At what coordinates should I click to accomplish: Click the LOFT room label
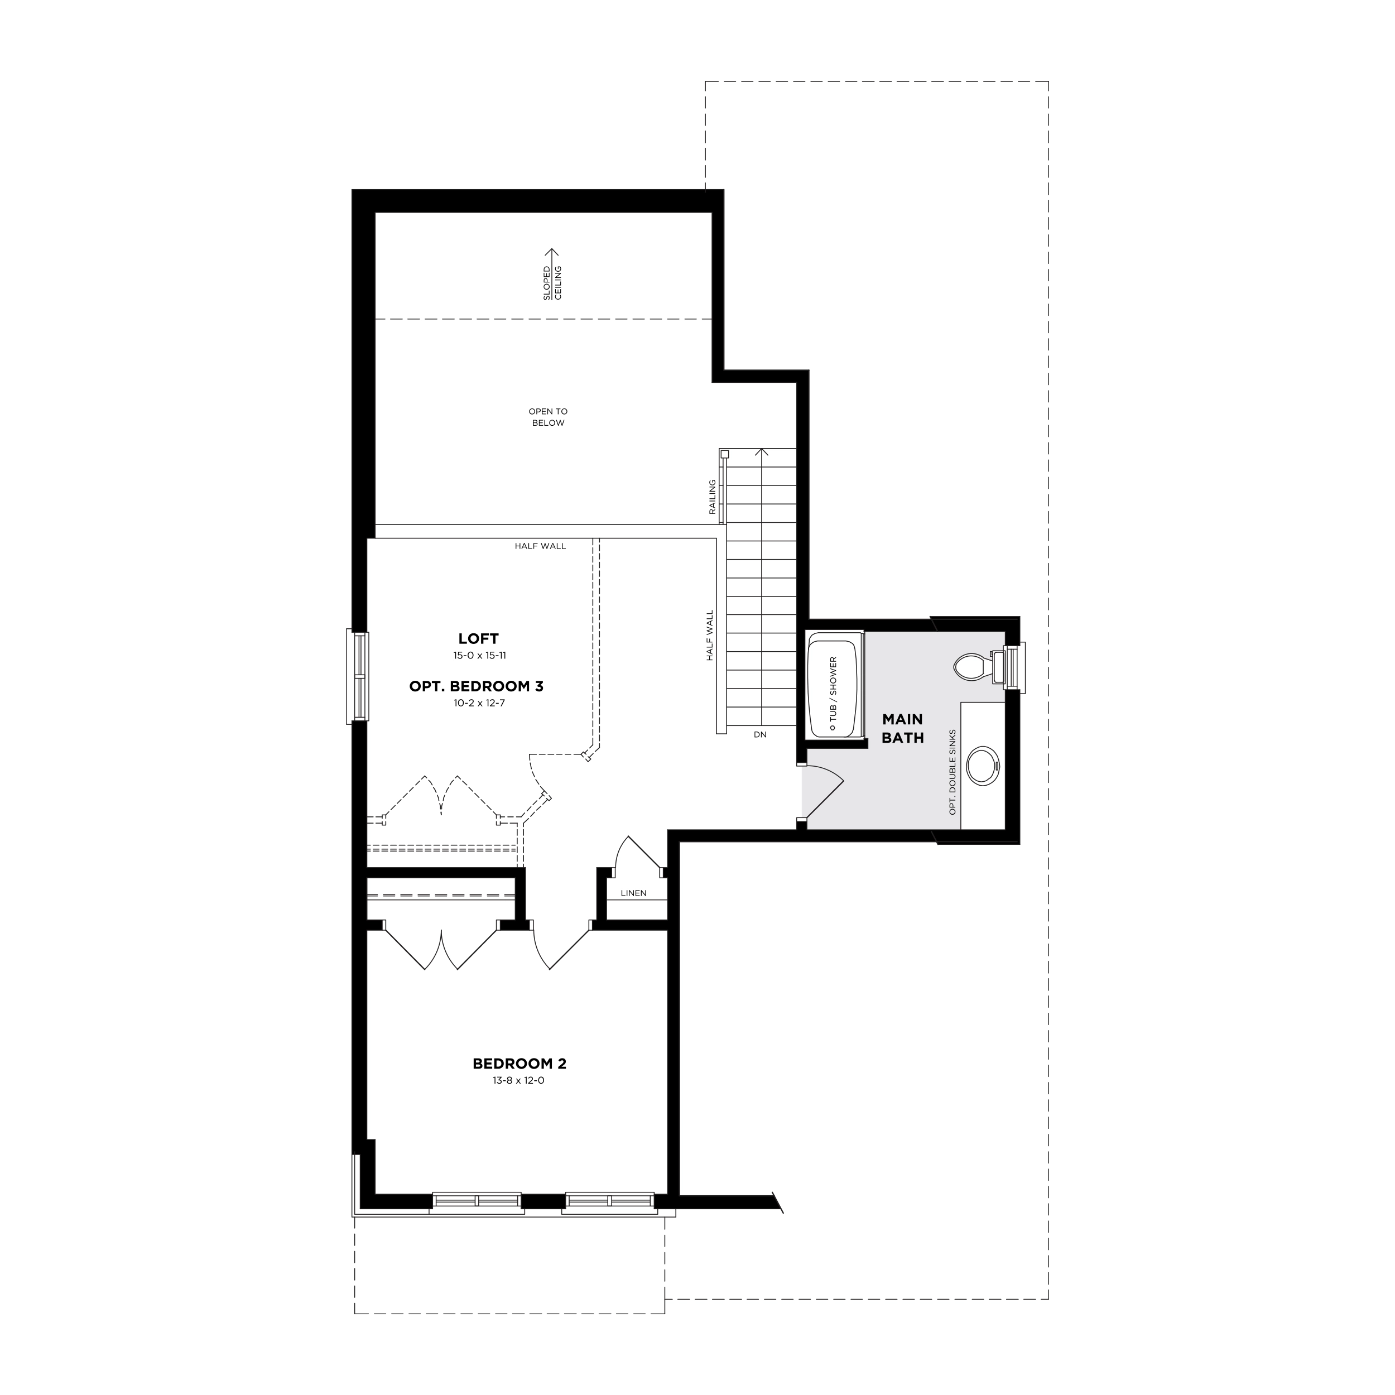[x=478, y=638]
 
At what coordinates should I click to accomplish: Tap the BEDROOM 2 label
[x=519, y=1064]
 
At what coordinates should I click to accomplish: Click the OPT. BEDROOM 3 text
[x=476, y=686]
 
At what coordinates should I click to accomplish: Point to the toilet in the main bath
[x=975, y=665]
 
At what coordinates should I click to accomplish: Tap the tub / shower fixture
[x=834, y=685]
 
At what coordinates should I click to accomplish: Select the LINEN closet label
[x=633, y=893]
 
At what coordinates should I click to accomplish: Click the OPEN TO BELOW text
[x=548, y=417]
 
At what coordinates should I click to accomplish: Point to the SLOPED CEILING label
[x=552, y=282]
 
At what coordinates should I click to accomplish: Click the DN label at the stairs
[x=759, y=734]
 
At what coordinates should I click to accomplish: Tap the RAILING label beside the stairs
[x=712, y=497]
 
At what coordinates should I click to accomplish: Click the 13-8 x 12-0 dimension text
[x=519, y=1081]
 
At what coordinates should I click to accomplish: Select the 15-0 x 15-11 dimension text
[x=479, y=656]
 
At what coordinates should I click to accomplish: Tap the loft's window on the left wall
[x=358, y=676]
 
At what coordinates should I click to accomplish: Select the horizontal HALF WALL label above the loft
[x=540, y=546]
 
